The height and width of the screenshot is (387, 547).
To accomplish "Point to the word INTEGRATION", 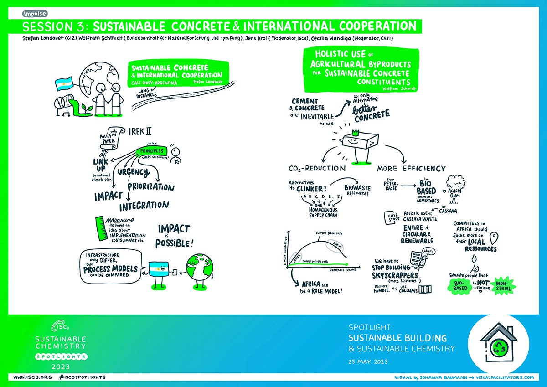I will [144, 206].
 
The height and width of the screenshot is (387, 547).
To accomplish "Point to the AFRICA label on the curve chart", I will [297, 256].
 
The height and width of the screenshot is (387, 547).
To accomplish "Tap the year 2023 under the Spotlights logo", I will [61, 366].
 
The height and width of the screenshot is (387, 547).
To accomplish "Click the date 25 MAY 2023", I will [367, 361].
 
